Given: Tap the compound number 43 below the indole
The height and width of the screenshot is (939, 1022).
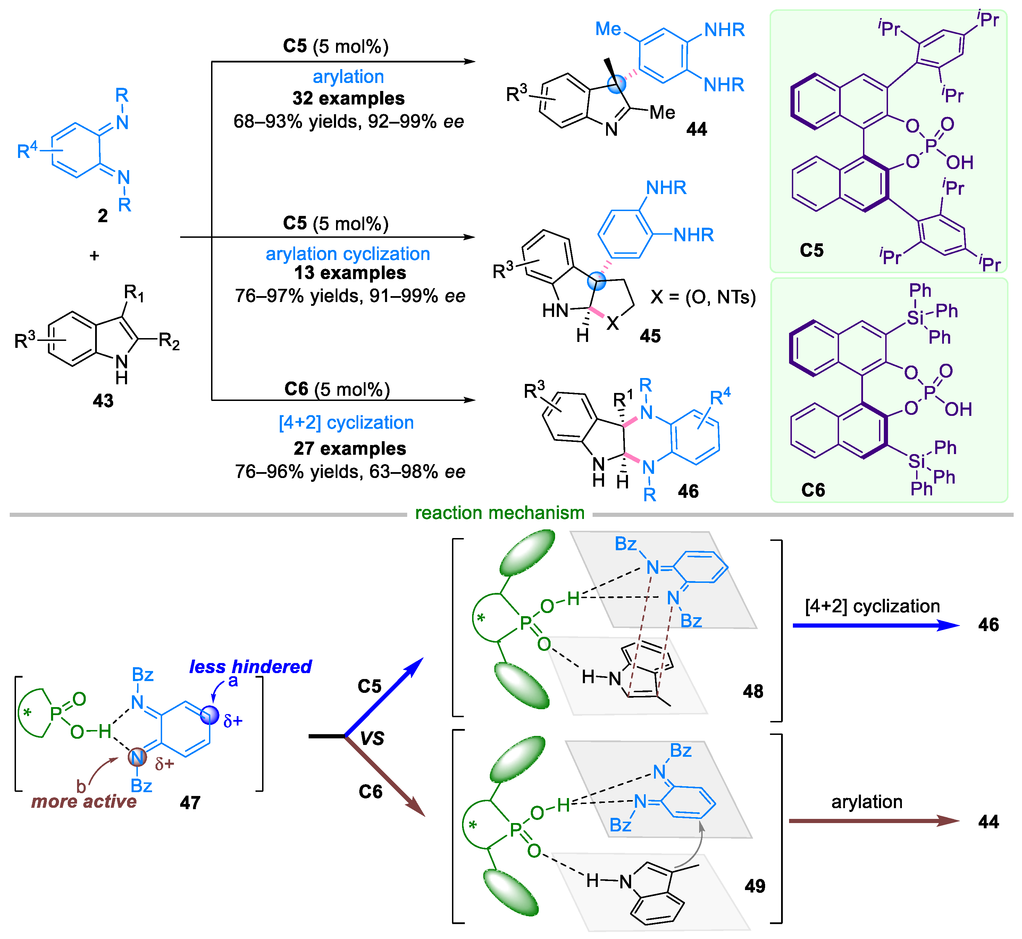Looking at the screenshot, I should pyautogui.click(x=103, y=401).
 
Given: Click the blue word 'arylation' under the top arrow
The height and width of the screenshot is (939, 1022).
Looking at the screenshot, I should pyautogui.click(x=348, y=76).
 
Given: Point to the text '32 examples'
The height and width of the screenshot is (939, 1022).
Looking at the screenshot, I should pyautogui.click(x=348, y=98).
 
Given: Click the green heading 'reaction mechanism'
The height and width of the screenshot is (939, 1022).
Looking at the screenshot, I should pyautogui.click(x=500, y=513).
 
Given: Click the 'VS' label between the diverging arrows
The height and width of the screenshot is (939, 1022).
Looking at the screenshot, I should pyautogui.click(x=372, y=738).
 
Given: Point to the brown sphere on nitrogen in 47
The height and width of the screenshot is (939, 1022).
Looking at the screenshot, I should pyautogui.click(x=137, y=757).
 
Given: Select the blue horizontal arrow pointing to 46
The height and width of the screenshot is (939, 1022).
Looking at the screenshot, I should pyautogui.click(x=874, y=626).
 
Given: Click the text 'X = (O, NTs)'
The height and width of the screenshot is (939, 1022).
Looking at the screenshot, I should pyautogui.click(x=703, y=297).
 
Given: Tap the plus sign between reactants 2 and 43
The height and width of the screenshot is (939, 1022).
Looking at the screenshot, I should pyautogui.click(x=94, y=255).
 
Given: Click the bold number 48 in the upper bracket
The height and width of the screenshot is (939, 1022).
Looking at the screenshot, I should pyautogui.click(x=753, y=691).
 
